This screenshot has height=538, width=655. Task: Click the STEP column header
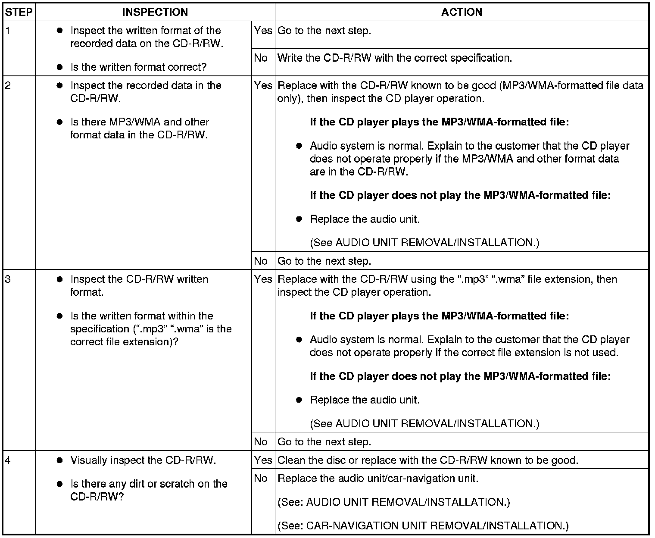19,12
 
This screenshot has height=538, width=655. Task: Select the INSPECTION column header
155,12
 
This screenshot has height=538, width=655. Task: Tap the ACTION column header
462,12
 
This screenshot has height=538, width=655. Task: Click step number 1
8,31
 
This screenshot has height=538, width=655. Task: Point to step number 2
8,85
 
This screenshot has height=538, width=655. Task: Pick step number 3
8,279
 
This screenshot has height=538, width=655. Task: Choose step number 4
8,460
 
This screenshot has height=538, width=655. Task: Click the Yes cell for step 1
263,31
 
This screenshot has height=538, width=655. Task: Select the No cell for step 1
261,58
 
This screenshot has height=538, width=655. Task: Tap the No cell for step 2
261,261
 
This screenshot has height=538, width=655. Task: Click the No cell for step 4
261,478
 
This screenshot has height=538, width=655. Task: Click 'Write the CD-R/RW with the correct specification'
395,58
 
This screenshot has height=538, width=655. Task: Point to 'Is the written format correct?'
138,67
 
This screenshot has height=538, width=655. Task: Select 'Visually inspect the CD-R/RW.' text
143,460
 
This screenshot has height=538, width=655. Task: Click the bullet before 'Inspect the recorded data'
60,85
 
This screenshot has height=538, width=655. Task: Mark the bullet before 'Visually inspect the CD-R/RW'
60,460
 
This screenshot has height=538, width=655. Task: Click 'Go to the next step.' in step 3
324,442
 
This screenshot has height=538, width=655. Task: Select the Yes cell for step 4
263,460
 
